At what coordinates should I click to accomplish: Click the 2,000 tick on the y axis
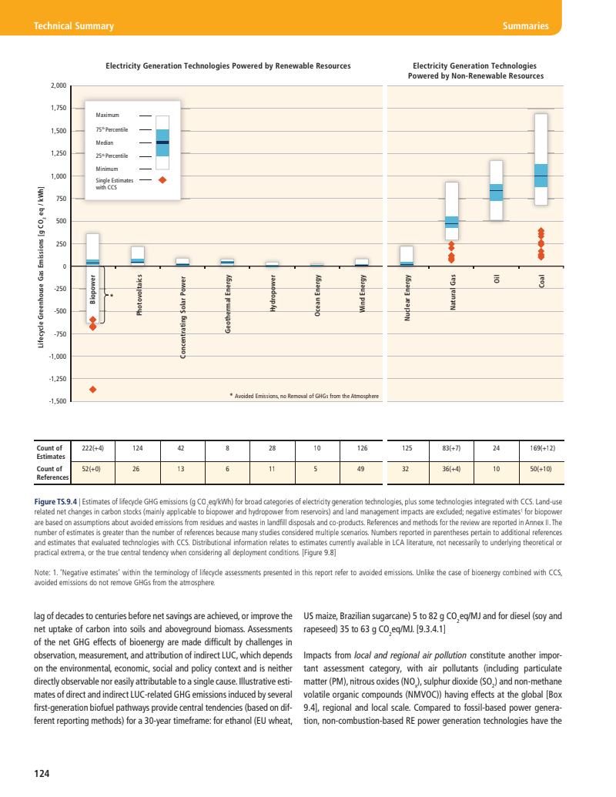click(58, 86)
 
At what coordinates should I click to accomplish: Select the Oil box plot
click(497, 191)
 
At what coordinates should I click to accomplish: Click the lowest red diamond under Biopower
click(93, 390)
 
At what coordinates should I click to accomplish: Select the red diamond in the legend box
click(162, 180)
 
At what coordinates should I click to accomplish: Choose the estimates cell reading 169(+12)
click(542, 447)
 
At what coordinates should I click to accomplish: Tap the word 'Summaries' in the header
click(525, 26)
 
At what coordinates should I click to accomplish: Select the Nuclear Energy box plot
click(407, 256)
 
